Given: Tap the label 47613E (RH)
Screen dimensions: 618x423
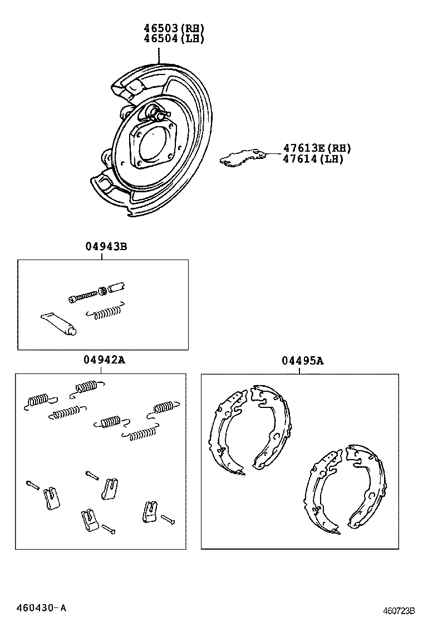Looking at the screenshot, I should point(317,148).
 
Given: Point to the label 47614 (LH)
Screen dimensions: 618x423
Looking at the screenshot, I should point(313,159).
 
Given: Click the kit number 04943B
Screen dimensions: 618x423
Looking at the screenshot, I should point(106,246).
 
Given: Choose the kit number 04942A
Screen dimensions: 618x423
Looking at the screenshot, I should point(104,361).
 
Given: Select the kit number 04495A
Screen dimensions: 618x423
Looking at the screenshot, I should point(302,361).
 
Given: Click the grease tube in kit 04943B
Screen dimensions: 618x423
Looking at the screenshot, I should point(58,323).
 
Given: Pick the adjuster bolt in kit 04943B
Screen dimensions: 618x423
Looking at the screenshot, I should point(86,295).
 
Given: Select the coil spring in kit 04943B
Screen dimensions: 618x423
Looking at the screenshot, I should point(106,312).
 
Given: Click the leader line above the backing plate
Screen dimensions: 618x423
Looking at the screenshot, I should point(159,54).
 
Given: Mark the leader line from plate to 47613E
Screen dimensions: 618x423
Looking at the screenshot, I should point(273,152).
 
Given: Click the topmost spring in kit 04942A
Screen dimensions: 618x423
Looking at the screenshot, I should point(87,387).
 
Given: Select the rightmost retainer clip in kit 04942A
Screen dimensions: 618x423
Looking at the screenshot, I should point(149,510).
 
